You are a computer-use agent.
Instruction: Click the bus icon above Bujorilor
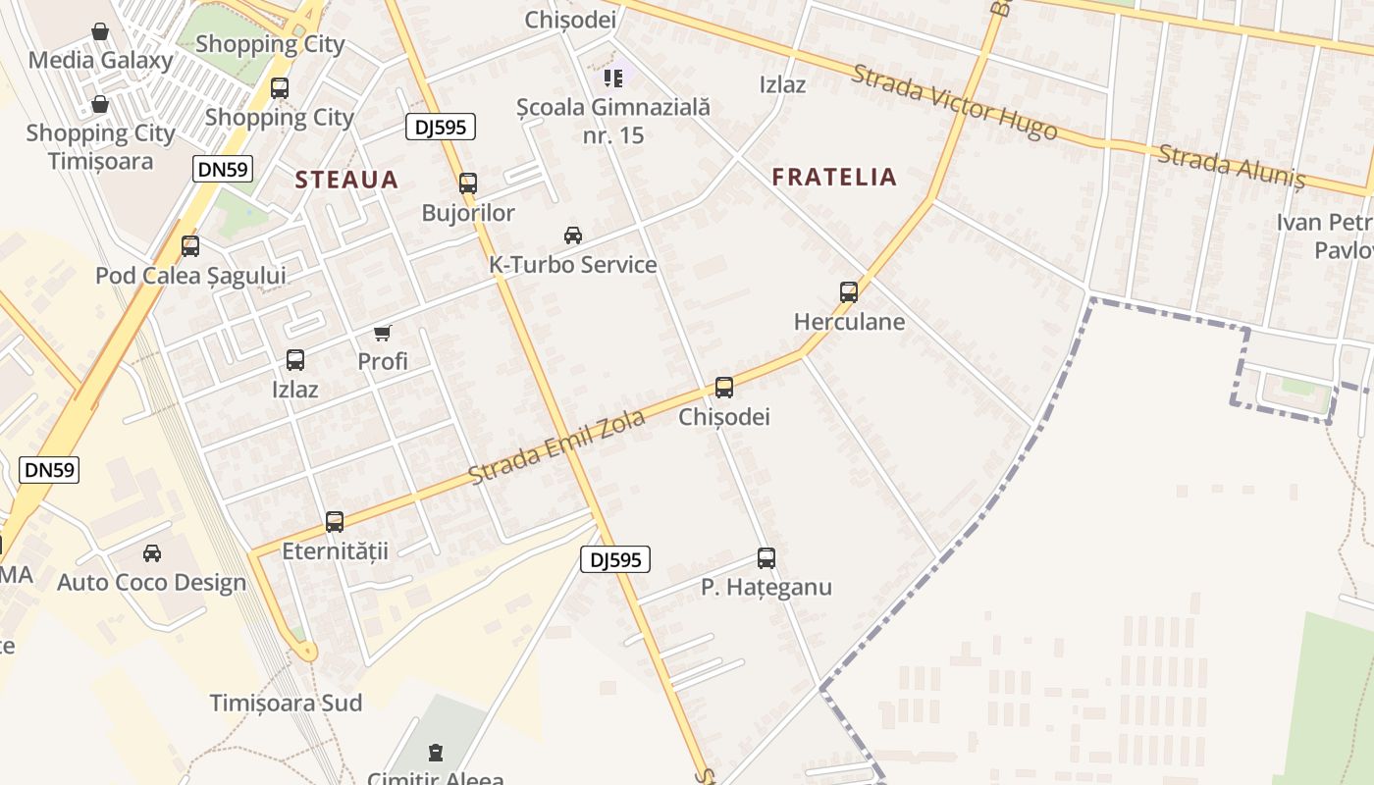[x=468, y=183]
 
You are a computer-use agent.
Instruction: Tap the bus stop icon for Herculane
[x=849, y=291]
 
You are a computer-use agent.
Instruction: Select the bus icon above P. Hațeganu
[x=766, y=558]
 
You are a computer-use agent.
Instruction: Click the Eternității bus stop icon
[x=335, y=522]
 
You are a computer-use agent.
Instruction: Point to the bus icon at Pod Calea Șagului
[x=190, y=246]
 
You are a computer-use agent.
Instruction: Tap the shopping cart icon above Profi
[x=383, y=334]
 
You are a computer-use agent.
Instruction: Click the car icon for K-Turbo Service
[x=573, y=235]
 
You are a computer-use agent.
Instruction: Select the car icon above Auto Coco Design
[x=152, y=553]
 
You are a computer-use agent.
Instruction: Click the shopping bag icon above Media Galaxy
[x=100, y=31]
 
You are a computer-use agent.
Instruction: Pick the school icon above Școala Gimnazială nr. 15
[x=613, y=78]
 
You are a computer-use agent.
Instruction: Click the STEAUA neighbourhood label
[x=346, y=180]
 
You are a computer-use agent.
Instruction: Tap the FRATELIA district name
[x=834, y=177]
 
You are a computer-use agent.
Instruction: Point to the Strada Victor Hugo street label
[x=954, y=102]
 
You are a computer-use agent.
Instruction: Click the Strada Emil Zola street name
[x=556, y=446]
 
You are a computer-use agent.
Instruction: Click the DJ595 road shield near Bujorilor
[x=441, y=126]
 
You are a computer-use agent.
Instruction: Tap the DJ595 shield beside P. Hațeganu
[x=615, y=559]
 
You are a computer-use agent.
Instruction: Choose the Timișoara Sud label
[x=286, y=703]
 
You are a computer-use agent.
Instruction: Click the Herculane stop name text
[x=849, y=322]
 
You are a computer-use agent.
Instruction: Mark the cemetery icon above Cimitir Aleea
[x=435, y=754]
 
